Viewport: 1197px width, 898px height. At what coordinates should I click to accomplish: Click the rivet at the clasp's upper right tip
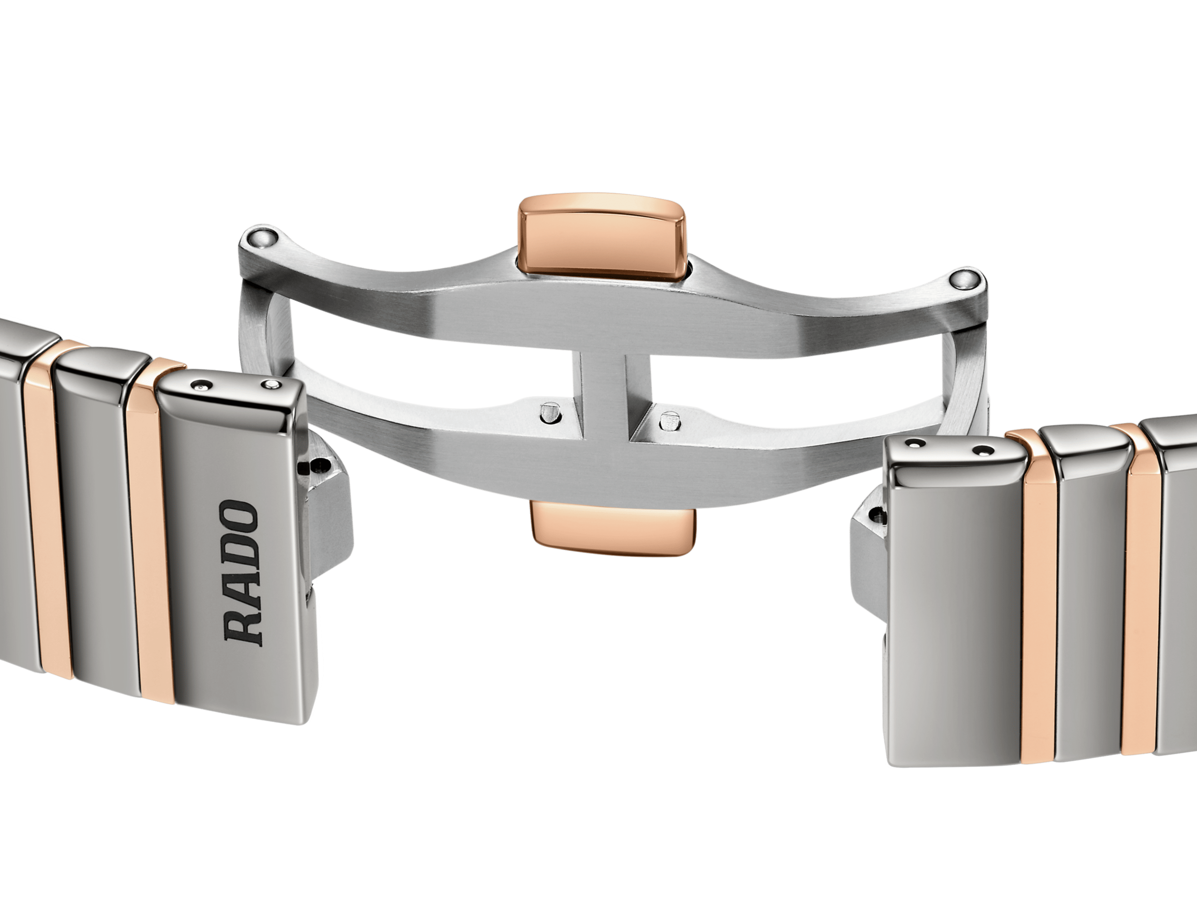pyautogui.click(x=964, y=279)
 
